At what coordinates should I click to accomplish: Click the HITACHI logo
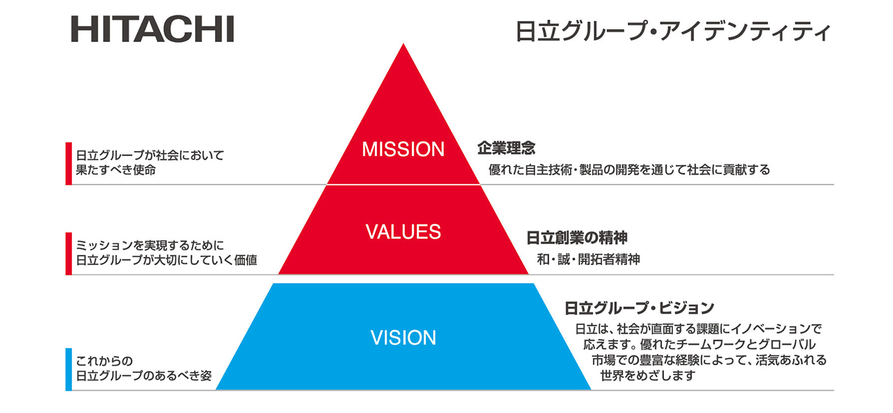(x=152, y=29)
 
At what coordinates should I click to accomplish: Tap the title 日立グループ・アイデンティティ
(x=674, y=31)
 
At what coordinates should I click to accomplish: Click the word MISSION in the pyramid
(x=403, y=149)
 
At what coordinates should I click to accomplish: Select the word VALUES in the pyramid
(x=403, y=232)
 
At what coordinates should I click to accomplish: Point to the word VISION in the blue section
(x=403, y=337)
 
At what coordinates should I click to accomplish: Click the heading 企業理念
(x=506, y=149)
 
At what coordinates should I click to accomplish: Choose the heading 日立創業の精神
(x=577, y=238)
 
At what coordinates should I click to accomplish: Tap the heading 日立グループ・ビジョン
(x=639, y=308)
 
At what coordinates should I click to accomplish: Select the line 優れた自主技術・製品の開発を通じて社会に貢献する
(x=629, y=170)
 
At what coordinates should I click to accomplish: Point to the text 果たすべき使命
(x=115, y=170)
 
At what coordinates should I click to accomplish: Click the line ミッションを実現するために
(x=151, y=245)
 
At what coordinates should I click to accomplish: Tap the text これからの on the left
(x=103, y=361)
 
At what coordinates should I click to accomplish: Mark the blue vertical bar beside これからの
(x=68, y=369)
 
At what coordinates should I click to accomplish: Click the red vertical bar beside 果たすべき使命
(x=68, y=163)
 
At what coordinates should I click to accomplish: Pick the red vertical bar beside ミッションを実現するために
(x=68, y=253)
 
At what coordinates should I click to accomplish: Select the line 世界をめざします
(x=647, y=375)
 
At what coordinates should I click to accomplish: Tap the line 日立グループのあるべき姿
(x=144, y=375)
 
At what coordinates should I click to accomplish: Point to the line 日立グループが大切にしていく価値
(x=166, y=260)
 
